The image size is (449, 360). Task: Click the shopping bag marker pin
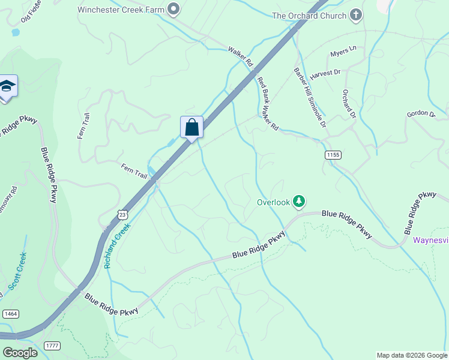[x=191, y=128]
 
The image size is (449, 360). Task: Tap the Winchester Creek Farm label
[x=121, y=9]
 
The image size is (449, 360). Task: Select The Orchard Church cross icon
[x=356, y=15]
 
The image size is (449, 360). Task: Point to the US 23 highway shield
[x=122, y=215]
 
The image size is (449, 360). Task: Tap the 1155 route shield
[x=333, y=155]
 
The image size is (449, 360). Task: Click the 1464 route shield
[x=10, y=314]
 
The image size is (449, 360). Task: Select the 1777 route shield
[x=52, y=345]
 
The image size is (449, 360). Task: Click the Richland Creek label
[x=117, y=245]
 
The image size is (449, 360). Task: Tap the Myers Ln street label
[x=343, y=51]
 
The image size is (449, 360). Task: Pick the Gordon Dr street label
[x=420, y=113]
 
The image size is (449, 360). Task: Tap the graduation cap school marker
[x=7, y=88]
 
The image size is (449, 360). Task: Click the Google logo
[x=20, y=352]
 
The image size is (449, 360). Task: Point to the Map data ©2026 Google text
[x=411, y=355]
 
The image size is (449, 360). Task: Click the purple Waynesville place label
[x=431, y=240]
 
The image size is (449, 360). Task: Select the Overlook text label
[x=274, y=202]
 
